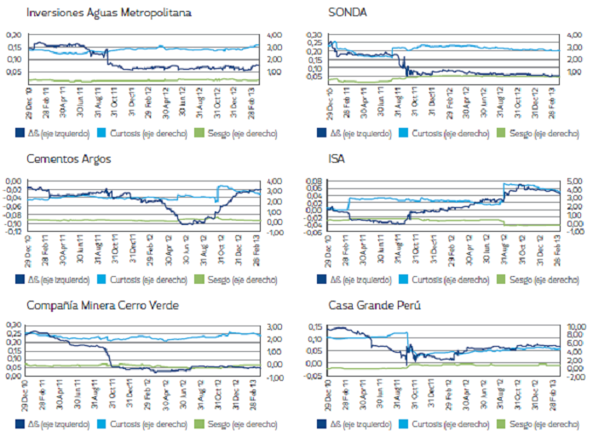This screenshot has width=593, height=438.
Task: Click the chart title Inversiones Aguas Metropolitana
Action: (108, 14)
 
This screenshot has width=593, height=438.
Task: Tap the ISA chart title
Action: (338, 159)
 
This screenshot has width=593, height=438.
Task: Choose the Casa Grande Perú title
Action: (372, 306)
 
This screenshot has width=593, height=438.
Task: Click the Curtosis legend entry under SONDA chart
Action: (440, 132)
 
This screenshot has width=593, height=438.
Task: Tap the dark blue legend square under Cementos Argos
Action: (20, 279)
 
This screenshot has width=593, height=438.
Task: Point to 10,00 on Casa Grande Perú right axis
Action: (576, 326)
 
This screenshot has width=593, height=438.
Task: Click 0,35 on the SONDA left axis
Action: (314, 35)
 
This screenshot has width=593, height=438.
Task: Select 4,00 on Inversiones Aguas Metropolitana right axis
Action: (274, 35)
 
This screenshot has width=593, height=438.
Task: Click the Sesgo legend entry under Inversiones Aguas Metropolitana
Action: (231, 132)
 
